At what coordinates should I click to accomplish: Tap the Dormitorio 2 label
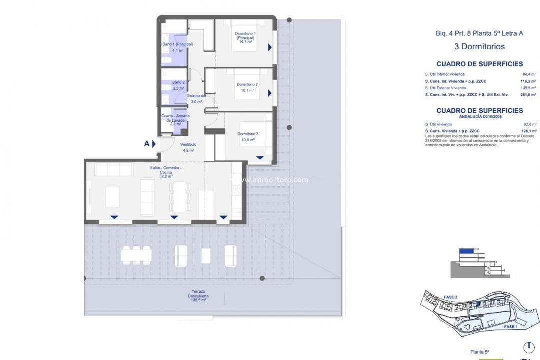tap(247, 88)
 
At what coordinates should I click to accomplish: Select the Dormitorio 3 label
tap(248, 137)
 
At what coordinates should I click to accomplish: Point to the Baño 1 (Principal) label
tap(177, 47)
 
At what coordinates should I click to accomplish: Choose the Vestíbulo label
tap(188, 147)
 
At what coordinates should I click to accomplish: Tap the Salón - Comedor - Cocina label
tap(166, 172)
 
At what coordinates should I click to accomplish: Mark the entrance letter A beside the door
tap(147, 144)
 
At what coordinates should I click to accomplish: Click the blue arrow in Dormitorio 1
tap(270, 47)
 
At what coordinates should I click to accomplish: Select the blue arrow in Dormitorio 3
tap(260, 158)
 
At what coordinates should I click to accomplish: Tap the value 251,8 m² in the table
tap(528, 94)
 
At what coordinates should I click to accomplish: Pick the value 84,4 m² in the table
tap(529, 74)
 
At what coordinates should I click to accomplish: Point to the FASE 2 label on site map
tap(450, 297)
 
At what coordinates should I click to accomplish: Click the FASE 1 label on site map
tap(510, 327)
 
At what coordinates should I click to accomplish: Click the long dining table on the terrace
tap(136, 255)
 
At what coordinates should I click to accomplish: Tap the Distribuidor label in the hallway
tap(196, 96)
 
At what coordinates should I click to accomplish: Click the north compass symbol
tap(528, 347)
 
